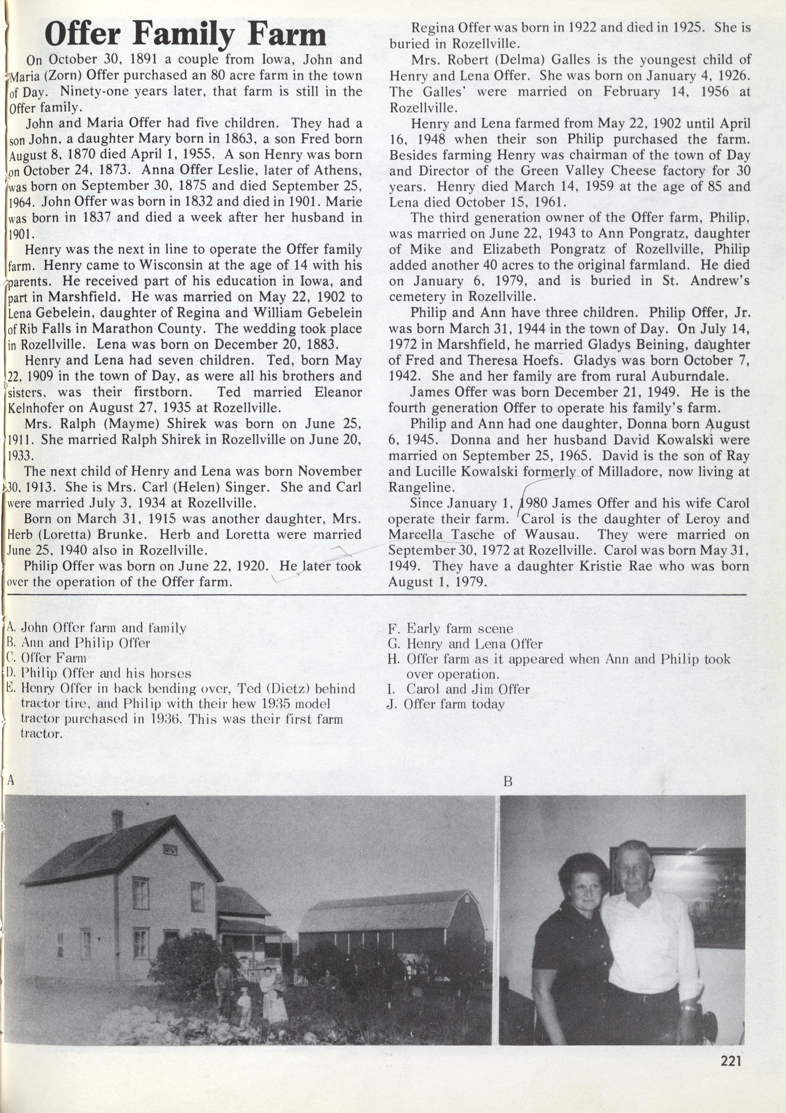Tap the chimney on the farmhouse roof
coord(117,821)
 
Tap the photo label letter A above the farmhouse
coord(11,780)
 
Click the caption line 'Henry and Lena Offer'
coord(474,644)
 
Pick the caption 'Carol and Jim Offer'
coord(468,689)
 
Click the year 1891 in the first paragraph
coord(146,60)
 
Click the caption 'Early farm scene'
coord(459,629)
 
